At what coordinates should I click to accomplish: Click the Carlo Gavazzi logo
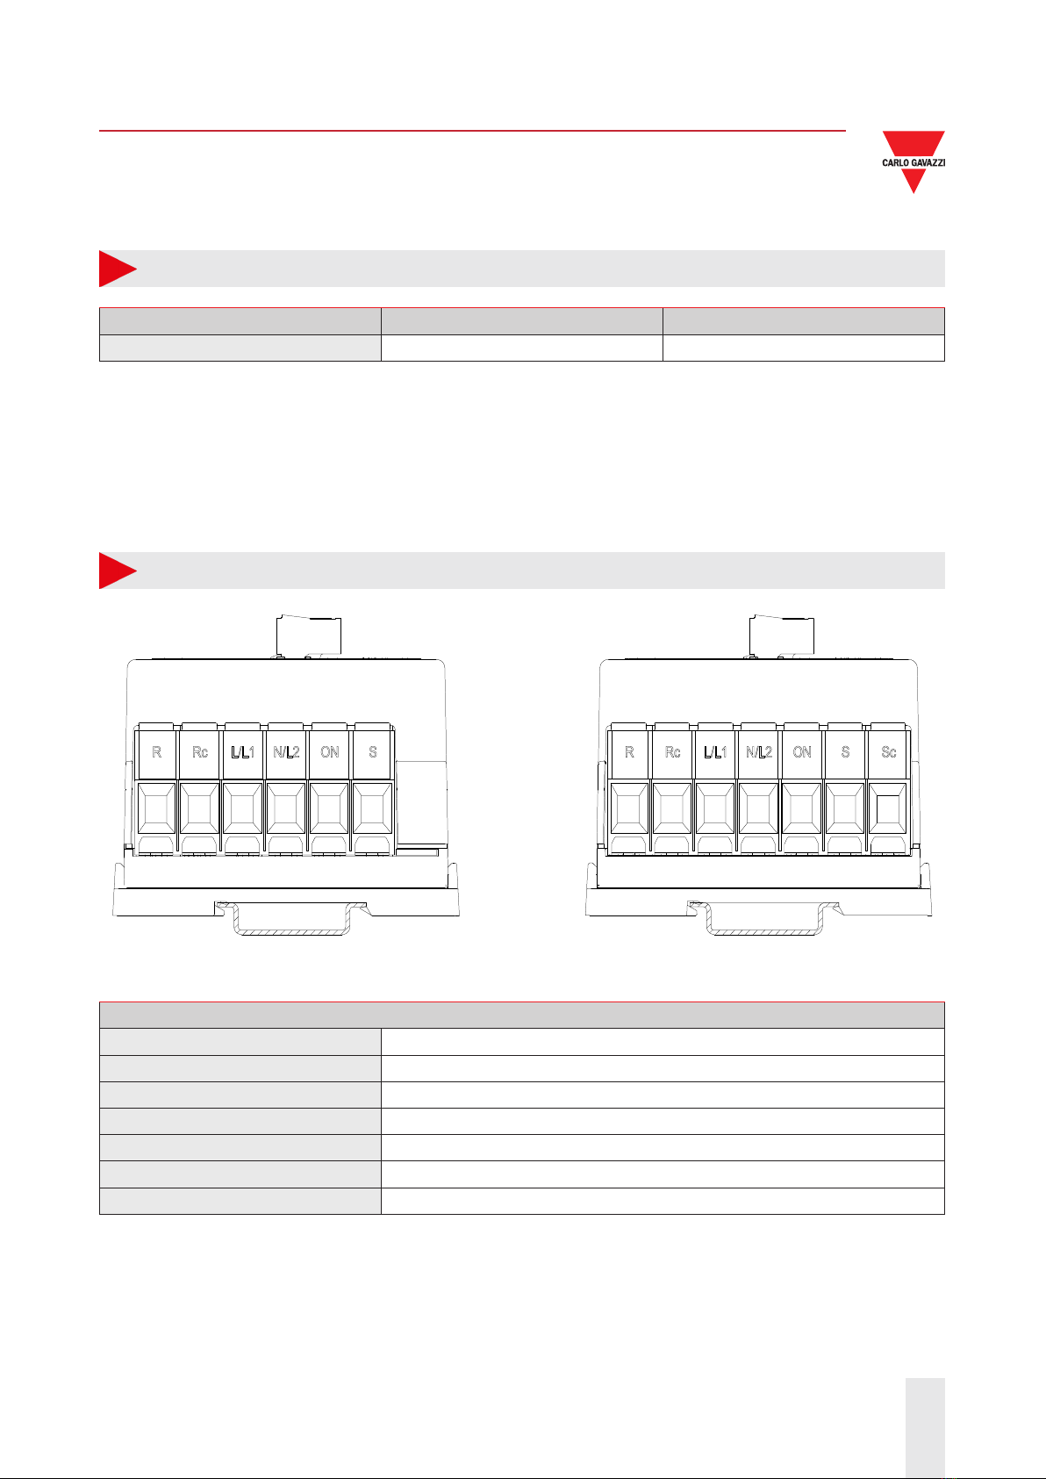pyautogui.click(x=913, y=162)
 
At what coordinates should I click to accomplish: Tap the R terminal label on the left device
pyautogui.click(x=156, y=752)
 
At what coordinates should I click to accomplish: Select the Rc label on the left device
pyautogui.click(x=200, y=752)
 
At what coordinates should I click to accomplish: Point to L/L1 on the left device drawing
pyautogui.click(x=243, y=752)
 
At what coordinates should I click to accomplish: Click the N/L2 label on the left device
pyautogui.click(x=286, y=752)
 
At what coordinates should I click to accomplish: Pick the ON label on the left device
pyautogui.click(x=329, y=752)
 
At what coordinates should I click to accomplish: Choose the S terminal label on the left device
pyautogui.click(x=373, y=752)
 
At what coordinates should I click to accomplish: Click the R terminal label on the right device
pyautogui.click(x=629, y=752)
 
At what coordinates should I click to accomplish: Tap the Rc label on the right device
pyautogui.click(x=672, y=752)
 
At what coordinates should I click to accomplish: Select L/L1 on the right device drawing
pyautogui.click(x=715, y=752)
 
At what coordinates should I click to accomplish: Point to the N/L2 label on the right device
pyautogui.click(x=759, y=752)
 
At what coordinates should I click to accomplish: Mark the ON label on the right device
pyautogui.click(x=802, y=752)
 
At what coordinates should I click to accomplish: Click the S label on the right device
pyautogui.click(x=845, y=752)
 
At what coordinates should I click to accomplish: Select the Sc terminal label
pyautogui.click(x=888, y=752)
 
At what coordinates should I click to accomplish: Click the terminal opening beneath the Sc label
pyautogui.click(x=888, y=808)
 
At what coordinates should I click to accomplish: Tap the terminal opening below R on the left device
pyautogui.click(x=156, y=808)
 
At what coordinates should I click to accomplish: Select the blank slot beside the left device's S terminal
pyautogui.click(x=421, y=803)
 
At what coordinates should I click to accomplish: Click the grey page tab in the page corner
pyautogui.click(x=925, y=1426)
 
